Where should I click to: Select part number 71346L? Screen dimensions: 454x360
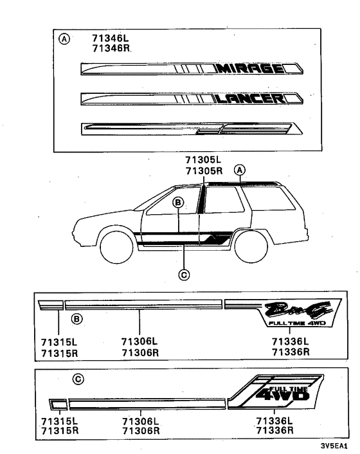(x=110, y=39)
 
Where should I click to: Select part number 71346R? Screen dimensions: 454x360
(x=110, y=49)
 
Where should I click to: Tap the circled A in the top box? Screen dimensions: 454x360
(x=64, y=39)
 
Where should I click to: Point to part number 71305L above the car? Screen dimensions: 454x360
(x=203, y=161)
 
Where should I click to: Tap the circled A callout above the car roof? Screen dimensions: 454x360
(x=239, y=170)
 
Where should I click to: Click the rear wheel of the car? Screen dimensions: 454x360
(x=250, y=245)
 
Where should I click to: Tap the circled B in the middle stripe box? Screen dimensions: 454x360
(x=76, y=318)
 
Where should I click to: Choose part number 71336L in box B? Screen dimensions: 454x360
(x=290, y=342)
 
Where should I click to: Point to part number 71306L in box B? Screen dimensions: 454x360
(x=140, y=342)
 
